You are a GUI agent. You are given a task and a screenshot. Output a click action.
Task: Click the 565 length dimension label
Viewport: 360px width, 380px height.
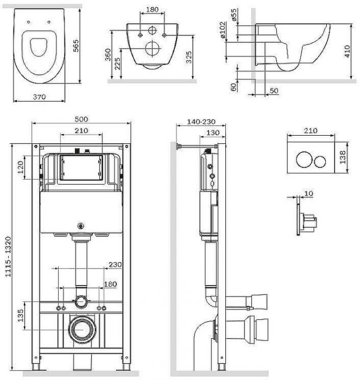pos(76,46)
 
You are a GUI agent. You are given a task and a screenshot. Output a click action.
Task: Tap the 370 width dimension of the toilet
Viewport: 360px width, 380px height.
pos(39,97)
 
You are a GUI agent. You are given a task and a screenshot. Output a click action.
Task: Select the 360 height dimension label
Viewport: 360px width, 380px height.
pos(108,55)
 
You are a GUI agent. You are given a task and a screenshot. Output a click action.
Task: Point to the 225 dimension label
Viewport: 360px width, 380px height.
pos(117,64)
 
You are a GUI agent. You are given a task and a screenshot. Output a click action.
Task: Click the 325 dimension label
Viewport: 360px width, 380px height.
pos(188,57)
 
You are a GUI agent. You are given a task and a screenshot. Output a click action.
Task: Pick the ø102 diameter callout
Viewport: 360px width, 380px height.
pos(223,30)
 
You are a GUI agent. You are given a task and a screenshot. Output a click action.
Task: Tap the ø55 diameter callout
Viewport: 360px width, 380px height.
pos(233,15)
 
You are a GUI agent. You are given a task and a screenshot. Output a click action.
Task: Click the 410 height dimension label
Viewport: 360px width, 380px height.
pos(347,52)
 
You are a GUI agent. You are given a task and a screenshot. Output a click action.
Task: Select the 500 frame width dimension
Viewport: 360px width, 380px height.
pos(81,119)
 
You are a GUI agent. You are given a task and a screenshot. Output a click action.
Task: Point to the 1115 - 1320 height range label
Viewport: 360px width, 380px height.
pos(8,257)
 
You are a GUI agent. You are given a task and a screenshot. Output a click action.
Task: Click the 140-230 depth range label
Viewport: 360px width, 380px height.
pos(201,122)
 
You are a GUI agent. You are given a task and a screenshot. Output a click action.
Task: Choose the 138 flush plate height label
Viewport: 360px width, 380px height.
pos(342,157)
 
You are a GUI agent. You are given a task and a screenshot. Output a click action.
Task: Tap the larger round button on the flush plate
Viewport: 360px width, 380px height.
pos(304,160)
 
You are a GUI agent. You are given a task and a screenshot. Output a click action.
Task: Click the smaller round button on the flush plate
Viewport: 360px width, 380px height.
pos(320,161)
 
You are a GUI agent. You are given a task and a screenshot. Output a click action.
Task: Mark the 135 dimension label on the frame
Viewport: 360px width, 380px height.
pos(21,315)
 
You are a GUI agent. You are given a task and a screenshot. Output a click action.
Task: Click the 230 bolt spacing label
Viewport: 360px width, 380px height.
pos(115,264)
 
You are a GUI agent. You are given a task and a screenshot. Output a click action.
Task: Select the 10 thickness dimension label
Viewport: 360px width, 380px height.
pos(308,193)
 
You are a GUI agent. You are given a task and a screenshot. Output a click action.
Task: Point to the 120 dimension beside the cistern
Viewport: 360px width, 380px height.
pos(21,167)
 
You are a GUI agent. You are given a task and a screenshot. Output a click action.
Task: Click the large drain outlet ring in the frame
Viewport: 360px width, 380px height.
pos(81,330)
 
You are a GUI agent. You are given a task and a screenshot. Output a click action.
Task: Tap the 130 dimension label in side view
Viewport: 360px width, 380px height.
pos(213,133)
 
